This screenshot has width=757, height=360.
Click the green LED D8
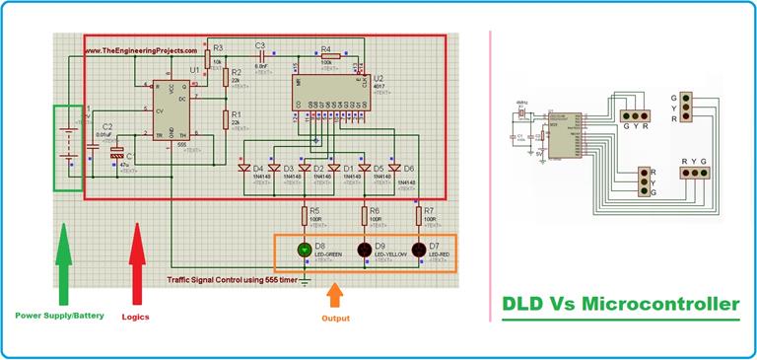coord(306,251)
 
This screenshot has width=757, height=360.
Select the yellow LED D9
coord(364,251)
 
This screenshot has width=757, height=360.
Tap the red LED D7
coord(418,251)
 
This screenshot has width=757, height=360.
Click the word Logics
coord(135,318)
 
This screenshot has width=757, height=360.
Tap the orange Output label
coord(336,319)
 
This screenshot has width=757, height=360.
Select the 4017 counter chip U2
coord(326,92)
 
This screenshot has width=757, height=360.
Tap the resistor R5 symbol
coord(306,214)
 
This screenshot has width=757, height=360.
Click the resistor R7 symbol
coord(418,214)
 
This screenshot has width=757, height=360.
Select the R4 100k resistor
coord(327,56)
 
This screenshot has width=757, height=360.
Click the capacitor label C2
coord(107,126)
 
